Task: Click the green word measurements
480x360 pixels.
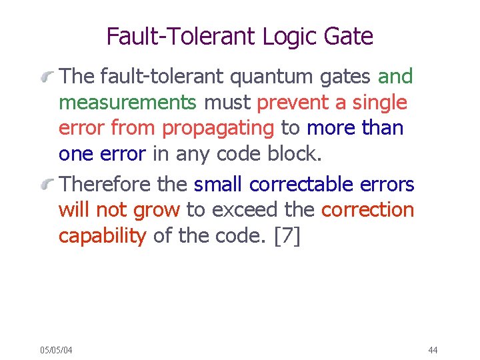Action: tap(127, 103)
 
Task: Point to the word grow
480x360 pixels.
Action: tap(157, 210)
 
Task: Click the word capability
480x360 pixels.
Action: tap(102, 237)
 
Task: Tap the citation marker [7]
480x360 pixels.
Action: tap(287, 237)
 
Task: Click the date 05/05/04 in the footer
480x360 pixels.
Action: tap(57, 350)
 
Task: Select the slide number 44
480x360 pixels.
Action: tap(433, 350)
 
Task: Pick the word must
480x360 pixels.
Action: tap(227, 103)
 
